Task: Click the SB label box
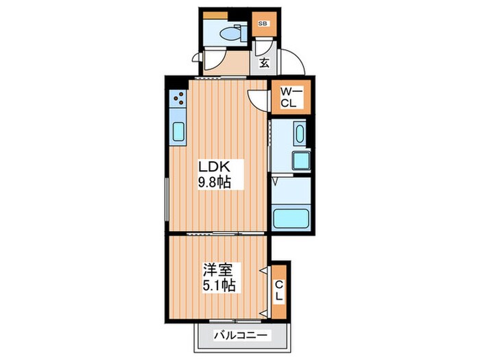tap(263, 23)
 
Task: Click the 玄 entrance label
tap(265, 63)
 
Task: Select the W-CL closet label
tap(291, 97)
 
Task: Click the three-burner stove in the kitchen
tap(178, 98)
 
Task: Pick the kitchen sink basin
tap(178, 132)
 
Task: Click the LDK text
tap(214, 167)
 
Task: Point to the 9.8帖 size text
tap(215, 182)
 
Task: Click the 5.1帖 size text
tap(219, 286)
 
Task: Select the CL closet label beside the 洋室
tap(278, 291)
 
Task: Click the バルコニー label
tap(240, 335)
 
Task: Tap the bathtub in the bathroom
tap(291, 218)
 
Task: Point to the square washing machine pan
tap(301, 160)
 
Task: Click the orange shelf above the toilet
tap(215, 15)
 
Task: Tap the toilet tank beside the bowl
tap(243, 33)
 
